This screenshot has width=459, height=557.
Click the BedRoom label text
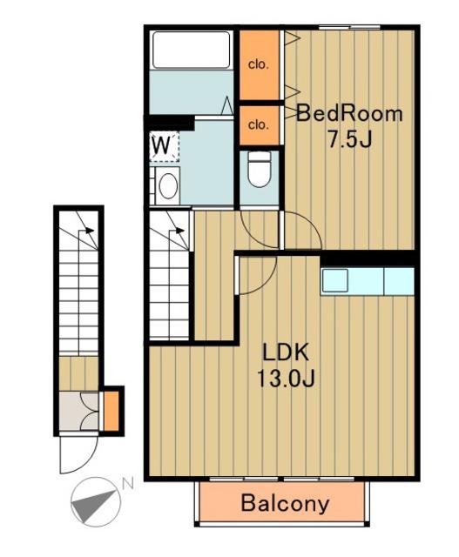pyautogui.click(x=349, y=114)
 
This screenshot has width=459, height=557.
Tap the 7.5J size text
pyautogui.click(x=349, y=139)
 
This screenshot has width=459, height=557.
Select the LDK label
pyautogui.click(x=285, y=352)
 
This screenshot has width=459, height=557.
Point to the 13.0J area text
pyautogui.click(x=285, y=379)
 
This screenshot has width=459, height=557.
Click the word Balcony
pyautogui.click(x=285, y=503)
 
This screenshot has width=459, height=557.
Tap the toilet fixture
pyautogui.click(x=260, y=169)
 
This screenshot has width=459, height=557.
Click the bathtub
pyautogui.click(x=192, y=50)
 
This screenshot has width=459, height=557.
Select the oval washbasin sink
pyautogui.click(x=168, y=185)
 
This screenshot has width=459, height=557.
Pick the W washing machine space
pyautogui.click(x=164, y=147)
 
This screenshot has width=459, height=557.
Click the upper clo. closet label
pyautogui.click(x=258, y=64)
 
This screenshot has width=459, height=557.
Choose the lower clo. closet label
pyautogui.click(x=258, y=125)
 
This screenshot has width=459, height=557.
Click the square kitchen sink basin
pyautogui.click(x=334, y=280)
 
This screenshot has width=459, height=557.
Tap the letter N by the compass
pyautogui.click(x=127, y=484)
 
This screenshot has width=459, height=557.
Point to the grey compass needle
pyautogui.click(x=95, y=505)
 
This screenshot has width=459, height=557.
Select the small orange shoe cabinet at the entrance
pyautogui.click(x=111, y=411)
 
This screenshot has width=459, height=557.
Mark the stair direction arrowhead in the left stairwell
pyautogui.click(x=91, y=231)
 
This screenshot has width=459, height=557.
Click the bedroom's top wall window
pyautogui.click(x=349, y=27)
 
